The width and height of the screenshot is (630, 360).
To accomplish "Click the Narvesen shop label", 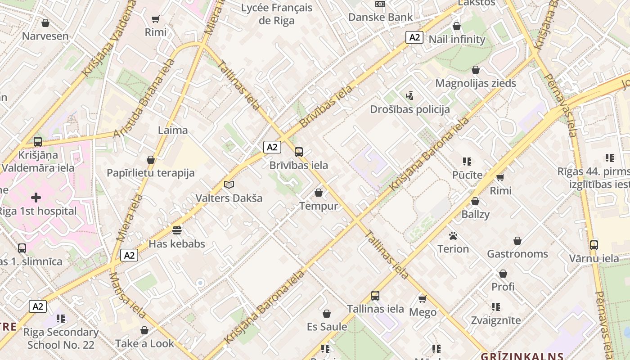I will (45, 36).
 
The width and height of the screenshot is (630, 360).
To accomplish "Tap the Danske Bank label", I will (380, 17).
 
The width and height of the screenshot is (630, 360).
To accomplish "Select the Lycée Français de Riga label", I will (277, 14).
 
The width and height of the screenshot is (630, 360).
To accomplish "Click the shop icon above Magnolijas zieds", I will (476, 70).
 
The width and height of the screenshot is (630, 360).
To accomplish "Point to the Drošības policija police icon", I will (409, 95).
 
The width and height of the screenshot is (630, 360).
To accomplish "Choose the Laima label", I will (173, 130).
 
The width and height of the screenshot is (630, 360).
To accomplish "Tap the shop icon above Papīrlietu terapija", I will (151, 160).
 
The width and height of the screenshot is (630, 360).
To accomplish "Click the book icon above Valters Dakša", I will (229, 185).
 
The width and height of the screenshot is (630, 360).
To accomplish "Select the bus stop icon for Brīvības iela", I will (299, 152).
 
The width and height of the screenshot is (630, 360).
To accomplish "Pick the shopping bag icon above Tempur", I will (319, 193).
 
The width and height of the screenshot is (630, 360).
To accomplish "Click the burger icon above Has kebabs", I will (177, 230).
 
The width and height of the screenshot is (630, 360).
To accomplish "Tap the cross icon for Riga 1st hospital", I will (36, 198).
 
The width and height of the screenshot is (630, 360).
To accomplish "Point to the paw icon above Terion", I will (453, 236).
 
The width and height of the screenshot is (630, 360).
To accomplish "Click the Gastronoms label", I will (517, 254).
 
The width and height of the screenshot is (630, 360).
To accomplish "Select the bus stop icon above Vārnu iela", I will (594, 245).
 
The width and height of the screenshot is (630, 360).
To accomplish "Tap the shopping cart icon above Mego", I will (423, 299).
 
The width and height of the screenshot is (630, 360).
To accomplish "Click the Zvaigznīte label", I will (495, 320).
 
